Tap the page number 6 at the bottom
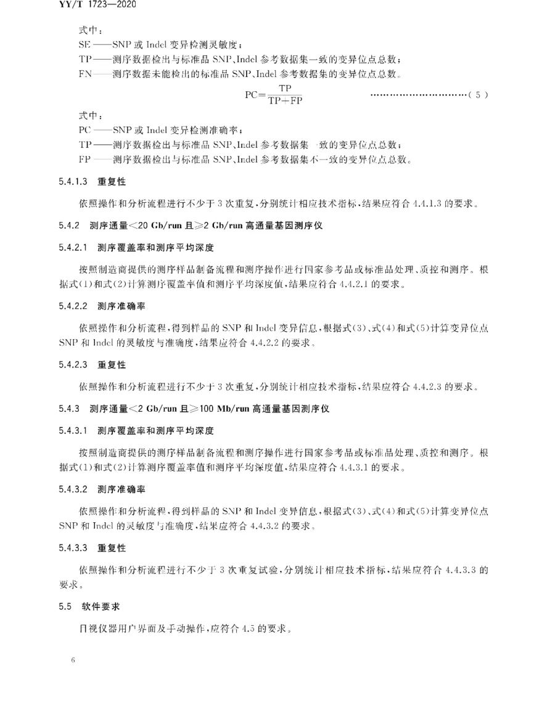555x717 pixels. pyautogui.click(x=73, y=660)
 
